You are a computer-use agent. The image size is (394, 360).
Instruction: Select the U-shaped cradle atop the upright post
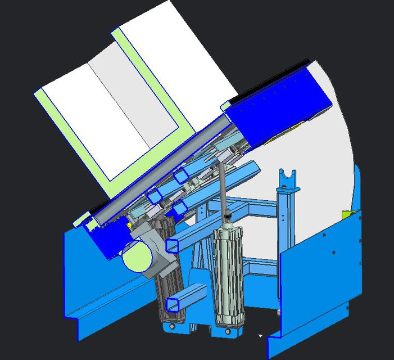[287, 178]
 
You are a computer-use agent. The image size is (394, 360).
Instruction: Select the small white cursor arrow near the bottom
[260, 336]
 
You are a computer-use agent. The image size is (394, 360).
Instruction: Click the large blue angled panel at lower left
[90, 281]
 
